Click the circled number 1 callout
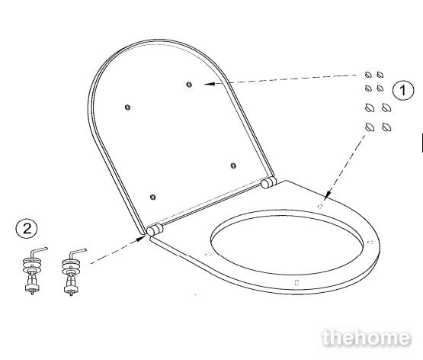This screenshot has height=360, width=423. [402, 90]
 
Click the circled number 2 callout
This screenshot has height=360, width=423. [27, 229]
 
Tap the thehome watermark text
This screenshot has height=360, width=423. [367, 338]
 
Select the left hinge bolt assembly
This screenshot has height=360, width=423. [33, 271]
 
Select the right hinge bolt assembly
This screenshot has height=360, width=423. [72, 272]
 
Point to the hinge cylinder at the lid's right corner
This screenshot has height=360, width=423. [268, 182]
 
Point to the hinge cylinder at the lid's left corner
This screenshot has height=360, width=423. [155, 230]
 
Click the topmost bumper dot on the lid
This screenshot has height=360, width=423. [189, 85]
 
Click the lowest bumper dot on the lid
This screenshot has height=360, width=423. [152, 197]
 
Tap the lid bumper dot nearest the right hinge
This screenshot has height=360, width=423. [234, 166]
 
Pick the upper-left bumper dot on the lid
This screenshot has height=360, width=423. [127, 107]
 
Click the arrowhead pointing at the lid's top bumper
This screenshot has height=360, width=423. [210, 84]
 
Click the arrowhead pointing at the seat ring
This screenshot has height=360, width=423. [328, 194]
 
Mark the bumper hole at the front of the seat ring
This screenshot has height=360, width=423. [296, 282]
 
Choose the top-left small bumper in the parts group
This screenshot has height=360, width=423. [368, 75]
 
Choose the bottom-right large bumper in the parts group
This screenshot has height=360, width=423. [386, 127]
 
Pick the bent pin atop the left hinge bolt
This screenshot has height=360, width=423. [39, 251]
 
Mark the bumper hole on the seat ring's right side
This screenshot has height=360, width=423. [371, 242]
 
